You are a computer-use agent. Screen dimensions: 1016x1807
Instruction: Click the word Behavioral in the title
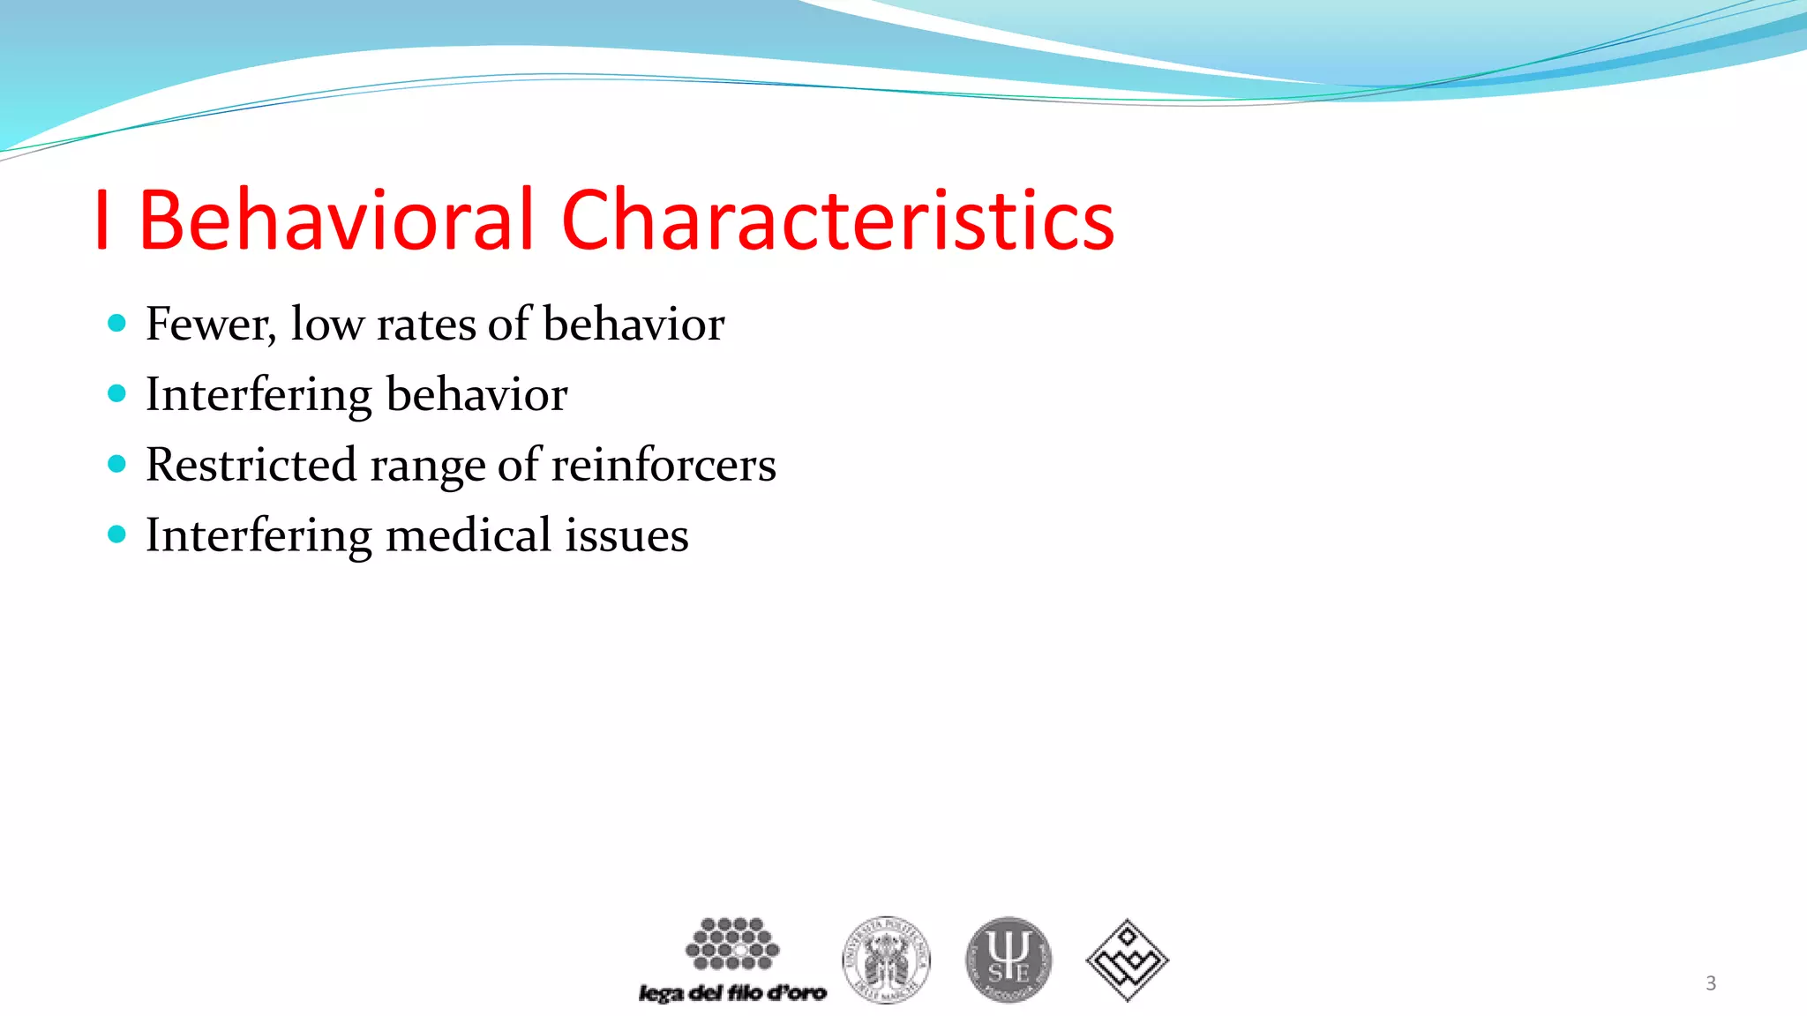(336, 220)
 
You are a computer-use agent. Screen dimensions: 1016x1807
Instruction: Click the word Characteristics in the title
(837, 220)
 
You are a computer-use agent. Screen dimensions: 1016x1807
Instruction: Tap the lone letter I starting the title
(102, 220)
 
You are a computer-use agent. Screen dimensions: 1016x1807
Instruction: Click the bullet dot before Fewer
(116, 323)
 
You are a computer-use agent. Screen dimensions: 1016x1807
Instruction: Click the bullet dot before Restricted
(116, 464)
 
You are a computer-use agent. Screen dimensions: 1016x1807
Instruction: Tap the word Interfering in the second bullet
(259, 394)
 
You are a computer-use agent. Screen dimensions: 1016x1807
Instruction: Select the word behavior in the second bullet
(476, 394)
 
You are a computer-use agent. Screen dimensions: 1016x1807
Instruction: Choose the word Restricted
(251, 465)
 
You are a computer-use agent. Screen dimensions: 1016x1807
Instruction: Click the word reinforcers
(663, 465)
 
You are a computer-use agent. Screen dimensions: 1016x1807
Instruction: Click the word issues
(626, 535)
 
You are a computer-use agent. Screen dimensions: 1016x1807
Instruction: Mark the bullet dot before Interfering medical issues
(116, 534)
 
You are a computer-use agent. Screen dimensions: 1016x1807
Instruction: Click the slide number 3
(1711, 983)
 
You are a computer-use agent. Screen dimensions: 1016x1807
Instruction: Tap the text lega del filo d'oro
(732, 993)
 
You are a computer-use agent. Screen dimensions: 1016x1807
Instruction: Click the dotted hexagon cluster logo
(732, 944)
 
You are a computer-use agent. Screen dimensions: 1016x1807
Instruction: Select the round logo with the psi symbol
(1008, 960)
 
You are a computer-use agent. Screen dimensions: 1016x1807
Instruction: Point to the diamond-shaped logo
(1127, 960)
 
